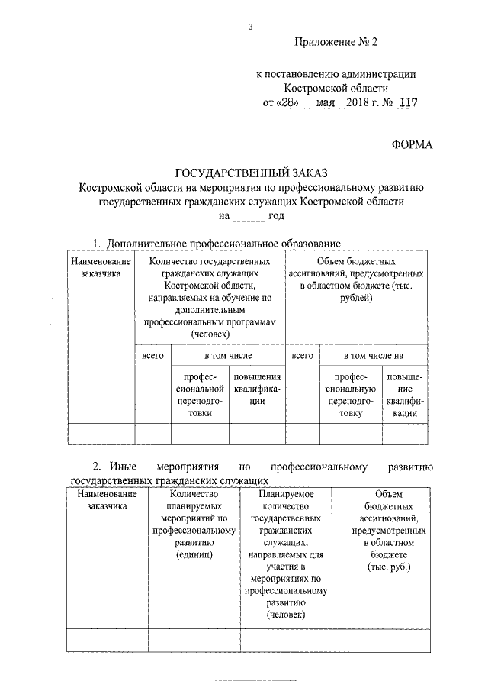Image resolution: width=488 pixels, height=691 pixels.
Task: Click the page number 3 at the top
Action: (249, 27)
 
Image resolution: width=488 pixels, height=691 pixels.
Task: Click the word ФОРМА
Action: (413, 145)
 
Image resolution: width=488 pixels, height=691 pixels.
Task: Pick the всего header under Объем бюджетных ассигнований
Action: (302, 356)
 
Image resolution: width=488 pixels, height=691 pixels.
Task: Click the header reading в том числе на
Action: (373, 356)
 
